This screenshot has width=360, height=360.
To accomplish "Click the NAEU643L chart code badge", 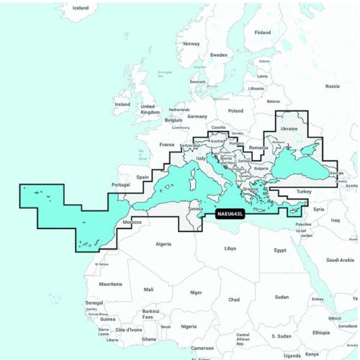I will click(230, 214).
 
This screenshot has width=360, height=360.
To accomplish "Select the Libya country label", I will click(230, 248).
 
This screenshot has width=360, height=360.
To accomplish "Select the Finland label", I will click(262, 32).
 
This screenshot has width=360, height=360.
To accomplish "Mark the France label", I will click(167, 144).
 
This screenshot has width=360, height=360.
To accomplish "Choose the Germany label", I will click(197, 117).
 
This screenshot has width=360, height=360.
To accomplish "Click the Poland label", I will click(235, 112).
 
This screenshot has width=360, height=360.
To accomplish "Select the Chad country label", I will click(233, 299).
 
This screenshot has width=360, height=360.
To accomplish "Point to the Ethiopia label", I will click(321, 333).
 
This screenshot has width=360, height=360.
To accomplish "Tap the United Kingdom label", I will click(150, 109).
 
